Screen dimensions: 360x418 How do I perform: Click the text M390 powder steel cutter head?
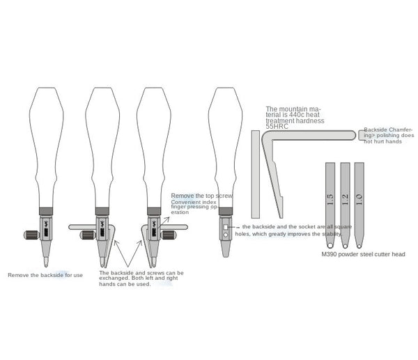point(362,254)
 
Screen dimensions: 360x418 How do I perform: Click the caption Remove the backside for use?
point(45,275)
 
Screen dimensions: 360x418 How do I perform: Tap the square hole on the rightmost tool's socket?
point(226,227)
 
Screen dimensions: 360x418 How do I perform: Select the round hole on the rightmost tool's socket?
point(226,236)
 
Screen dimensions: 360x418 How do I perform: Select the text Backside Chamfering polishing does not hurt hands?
point(389,135)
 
